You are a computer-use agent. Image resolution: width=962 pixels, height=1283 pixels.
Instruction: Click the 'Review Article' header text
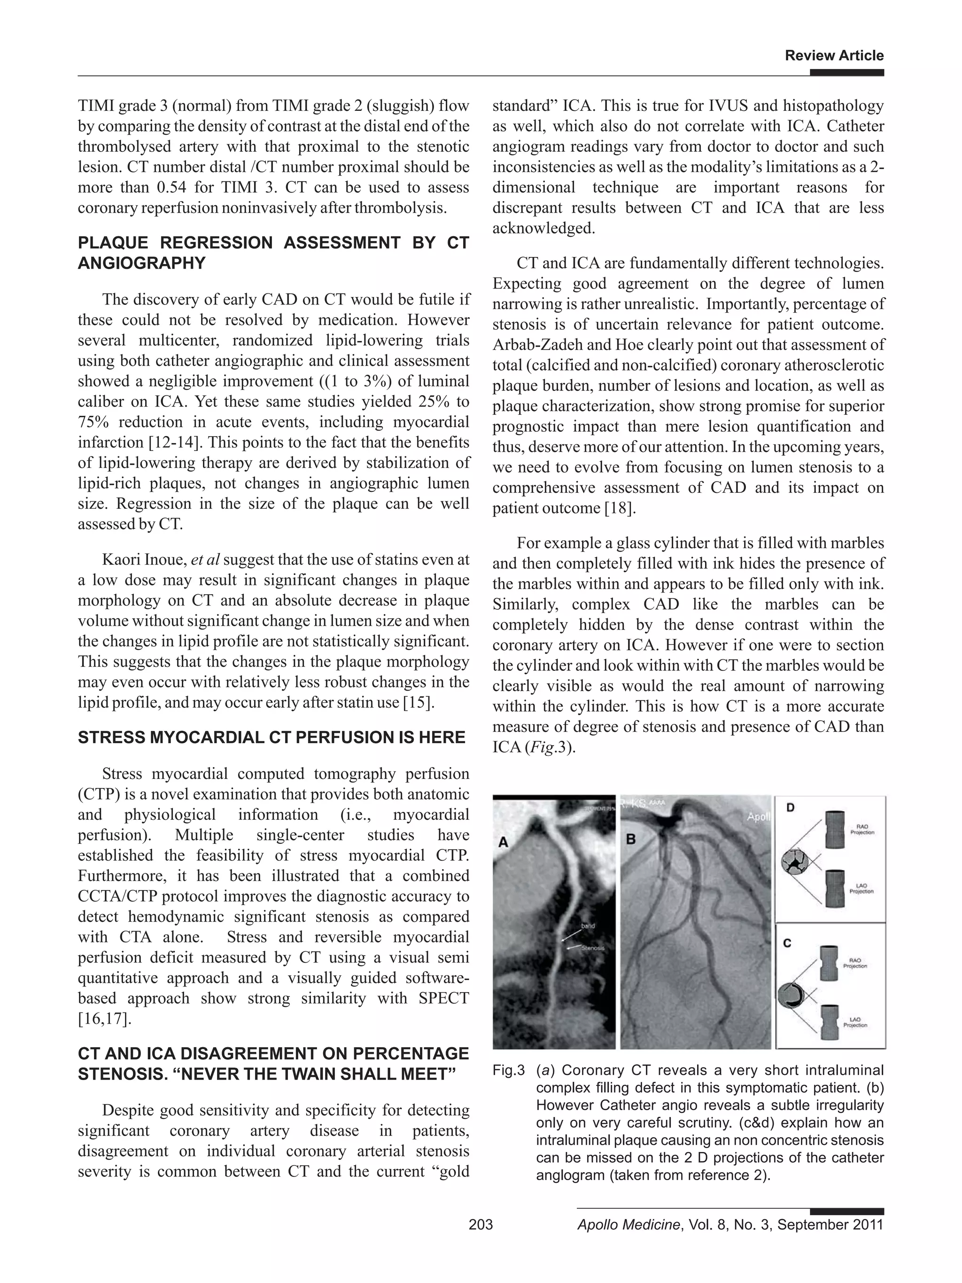click(834, 56)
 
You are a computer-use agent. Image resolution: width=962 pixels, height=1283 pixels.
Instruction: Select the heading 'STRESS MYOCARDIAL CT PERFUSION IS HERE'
click(272, 737)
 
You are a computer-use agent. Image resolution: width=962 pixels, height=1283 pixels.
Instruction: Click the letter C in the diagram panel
click(787, 943)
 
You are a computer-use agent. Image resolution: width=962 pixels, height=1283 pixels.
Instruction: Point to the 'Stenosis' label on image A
click(593, 948)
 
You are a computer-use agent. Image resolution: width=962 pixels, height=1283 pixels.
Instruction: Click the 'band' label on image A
click(588, 926)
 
